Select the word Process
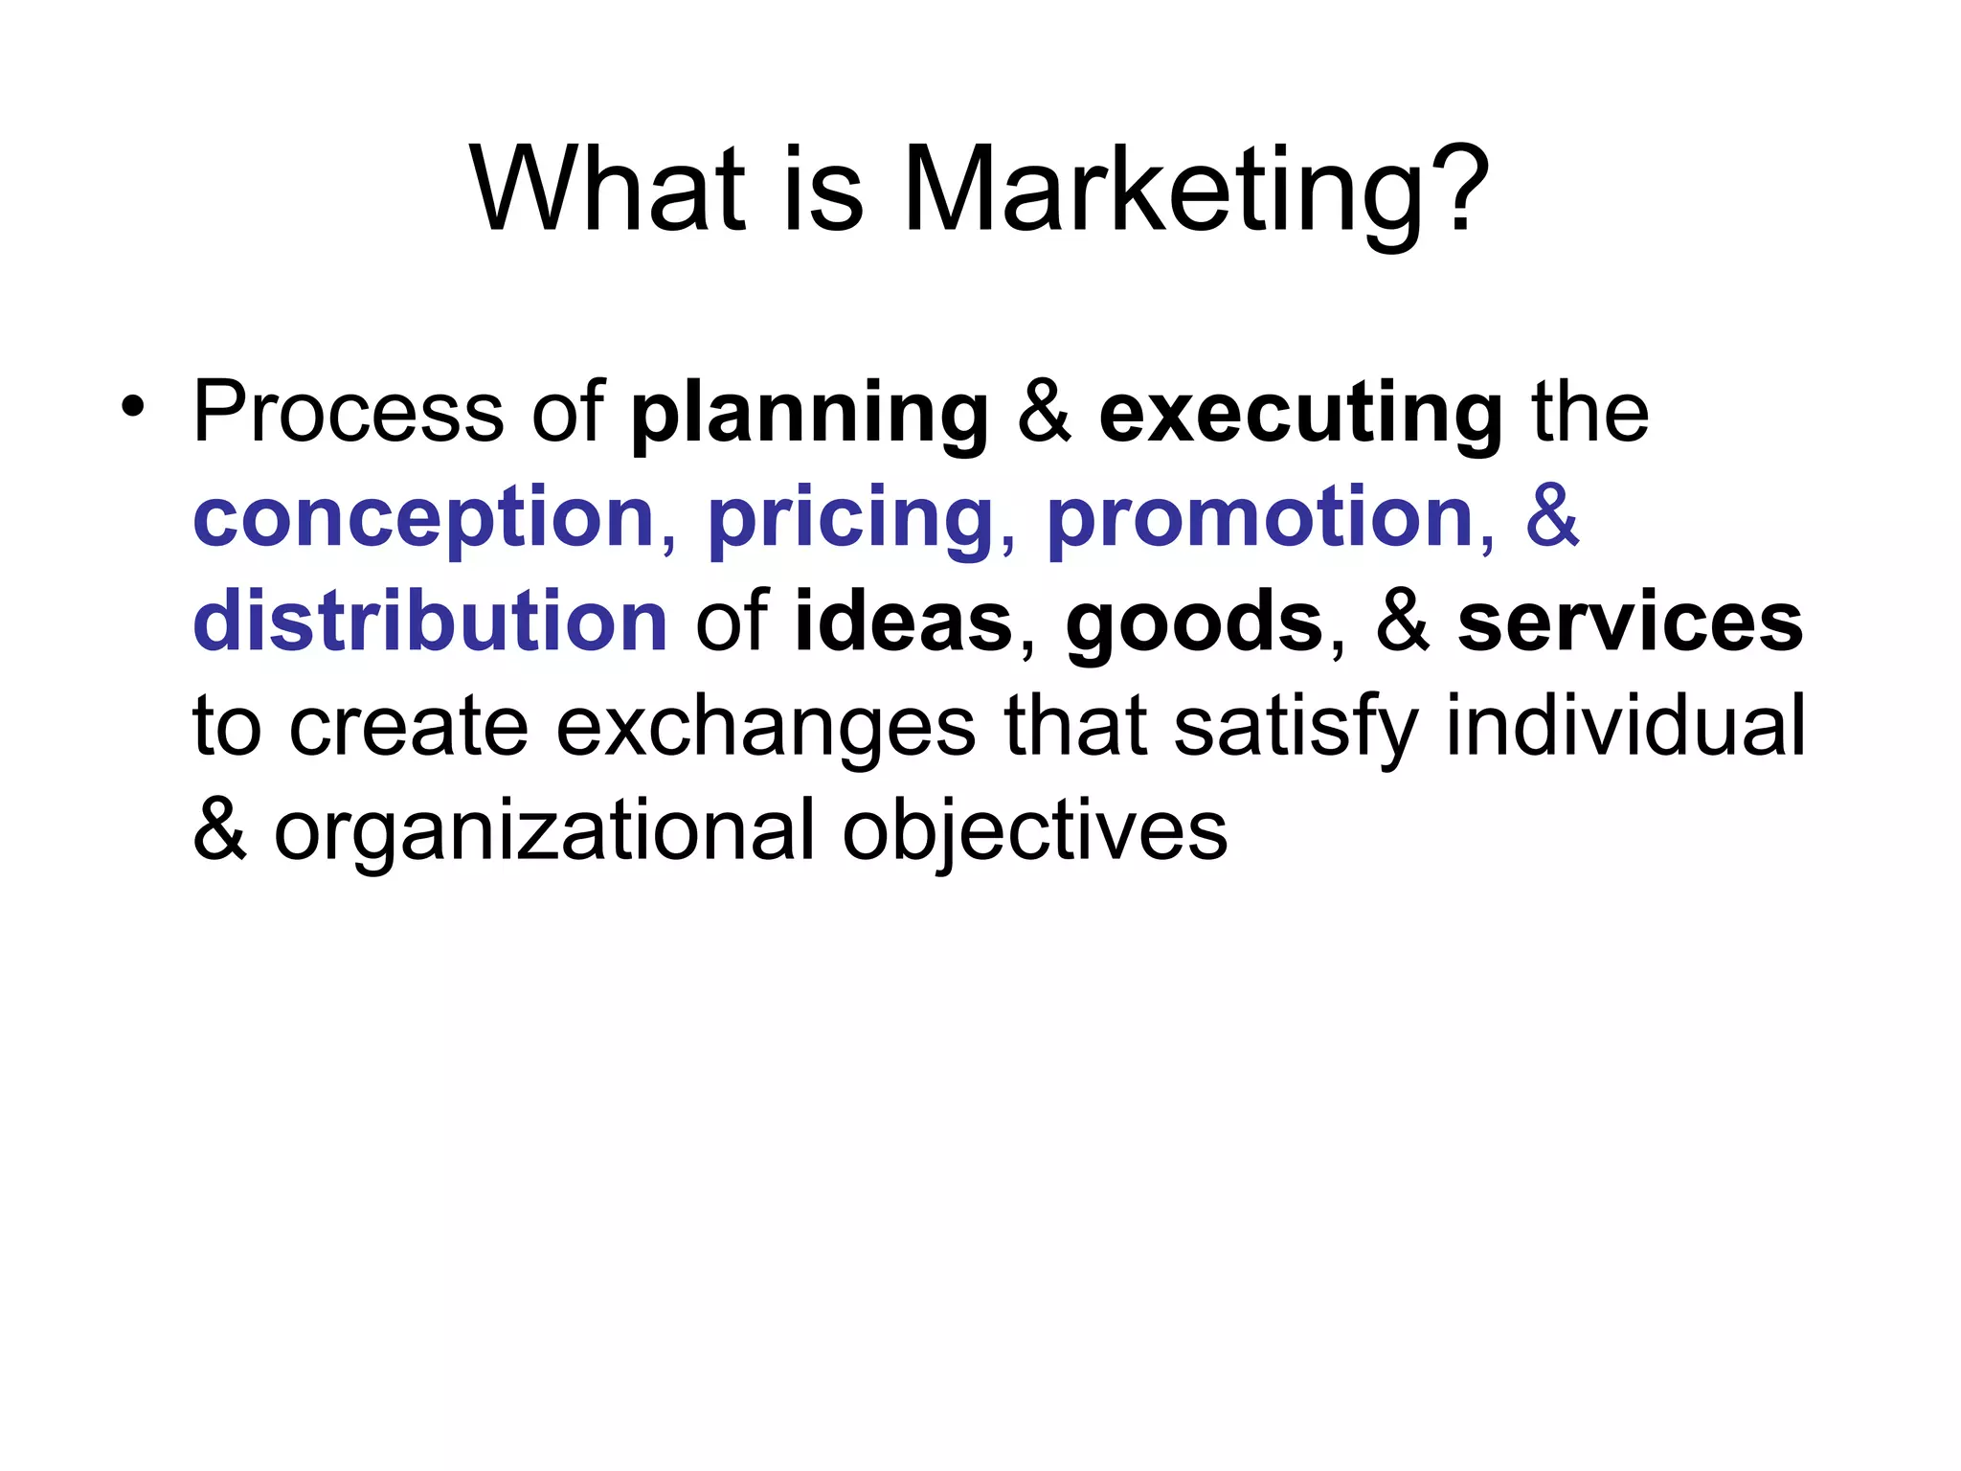point(349,413)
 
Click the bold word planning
point(810,415)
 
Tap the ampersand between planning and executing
point(1044,413)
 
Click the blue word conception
point(424,519)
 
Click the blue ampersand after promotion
point(1552,517)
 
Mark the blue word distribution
point(430,622)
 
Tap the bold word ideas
point(903,622)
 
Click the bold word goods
point(1194,623)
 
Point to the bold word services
point(1630,623)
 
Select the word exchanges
point(765,728)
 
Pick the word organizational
point(544,832)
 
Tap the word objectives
point(1034,832)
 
